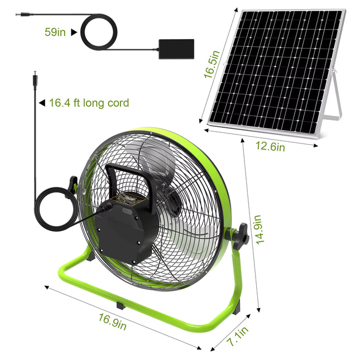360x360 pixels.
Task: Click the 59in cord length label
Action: pyautogui.click(x=55, y=32)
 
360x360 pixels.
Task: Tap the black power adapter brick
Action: pyautogui.click(x=176, y=49)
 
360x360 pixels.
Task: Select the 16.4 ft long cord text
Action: pyautogui.click(x=89, y=103)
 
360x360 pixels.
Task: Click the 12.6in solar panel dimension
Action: pyautogui.click(x=270, y=147)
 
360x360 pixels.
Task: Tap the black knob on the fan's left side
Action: pyautogui.click(x=73, y=184)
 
